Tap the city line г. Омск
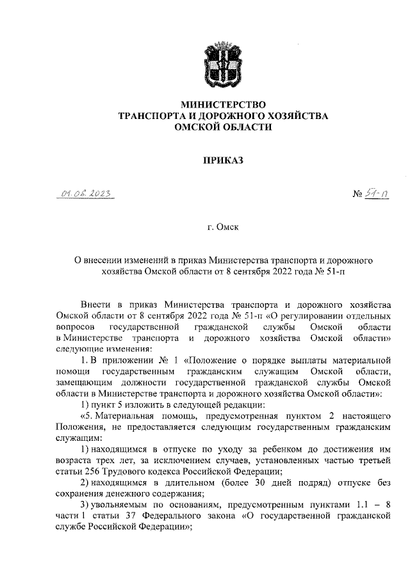point(222,227)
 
